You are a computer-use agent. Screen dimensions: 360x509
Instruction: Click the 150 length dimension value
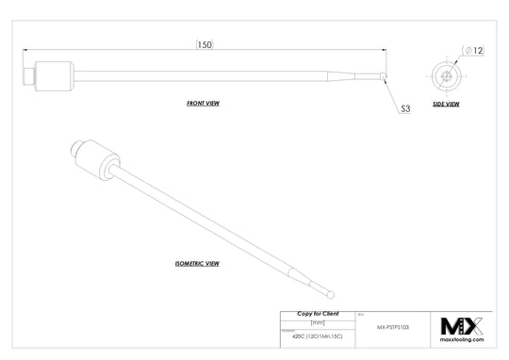(x=204, y=44)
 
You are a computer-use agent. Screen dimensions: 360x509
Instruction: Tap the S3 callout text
(x=405, y=109)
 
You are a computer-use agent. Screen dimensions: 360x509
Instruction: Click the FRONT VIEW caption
(x=203, y=102)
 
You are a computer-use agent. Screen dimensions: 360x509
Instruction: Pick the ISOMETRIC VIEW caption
(x=197, y=263)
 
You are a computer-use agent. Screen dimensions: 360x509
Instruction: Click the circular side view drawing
(x=446, y=74)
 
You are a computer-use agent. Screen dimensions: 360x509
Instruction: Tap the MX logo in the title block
(x=462, y=327)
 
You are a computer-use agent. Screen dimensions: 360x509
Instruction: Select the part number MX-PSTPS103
(x=379, y=326)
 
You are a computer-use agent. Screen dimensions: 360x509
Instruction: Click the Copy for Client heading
(x=319, y=313)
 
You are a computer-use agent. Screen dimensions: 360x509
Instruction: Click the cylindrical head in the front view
(x=54, y=74)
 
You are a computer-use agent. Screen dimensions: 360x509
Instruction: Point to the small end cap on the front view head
(x=28, y=74)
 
